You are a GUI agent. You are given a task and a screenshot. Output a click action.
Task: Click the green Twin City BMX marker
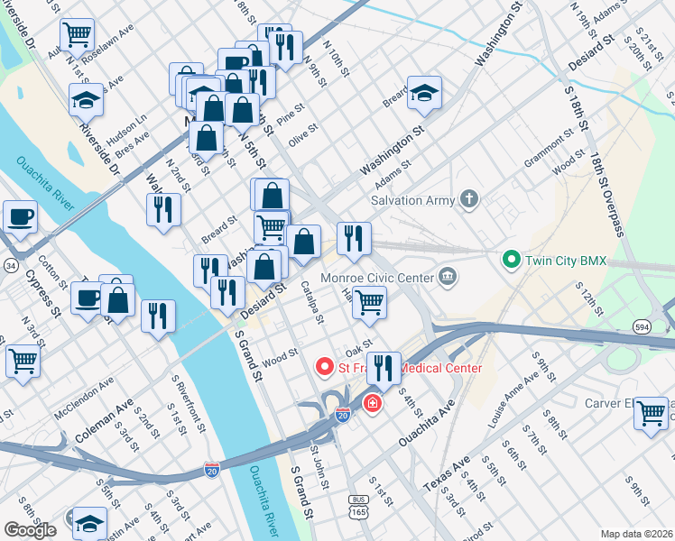click(512, 261)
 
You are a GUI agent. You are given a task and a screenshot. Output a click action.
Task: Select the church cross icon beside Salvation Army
click(468, 198)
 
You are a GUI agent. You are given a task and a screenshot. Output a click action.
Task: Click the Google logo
click(30, 530)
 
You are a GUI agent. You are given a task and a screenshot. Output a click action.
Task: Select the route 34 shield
click(9, 266)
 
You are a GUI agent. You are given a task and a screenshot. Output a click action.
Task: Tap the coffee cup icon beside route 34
click(20, 216)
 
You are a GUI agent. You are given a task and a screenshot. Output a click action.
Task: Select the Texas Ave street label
click(448, 475)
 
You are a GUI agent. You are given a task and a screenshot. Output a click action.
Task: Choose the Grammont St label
click(549, 150)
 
